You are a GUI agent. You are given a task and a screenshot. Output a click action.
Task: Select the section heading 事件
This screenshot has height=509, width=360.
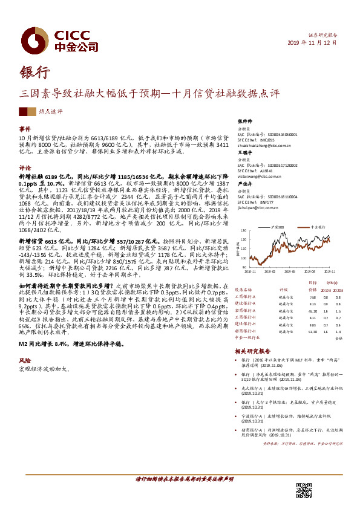(25, 129)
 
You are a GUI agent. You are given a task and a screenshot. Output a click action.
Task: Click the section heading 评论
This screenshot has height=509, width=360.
(25, 167)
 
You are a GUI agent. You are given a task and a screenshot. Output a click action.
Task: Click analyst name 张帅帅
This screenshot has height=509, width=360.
(244, 121)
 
